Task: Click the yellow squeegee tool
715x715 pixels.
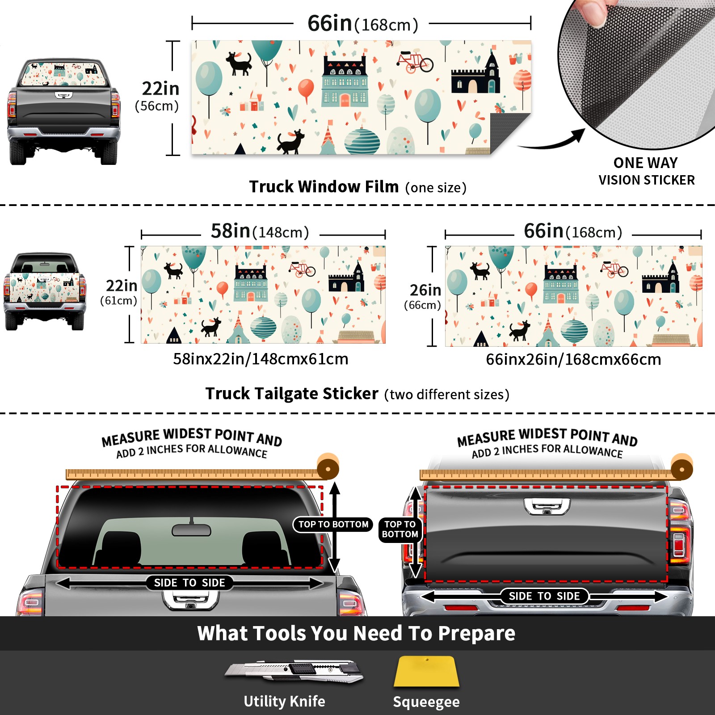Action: coord(426,672)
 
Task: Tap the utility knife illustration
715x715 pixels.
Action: coord(294,671)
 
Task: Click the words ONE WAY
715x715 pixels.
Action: coord(645,163)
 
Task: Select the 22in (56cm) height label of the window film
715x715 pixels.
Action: coord(158,97)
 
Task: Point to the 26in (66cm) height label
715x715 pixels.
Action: coord(423,297)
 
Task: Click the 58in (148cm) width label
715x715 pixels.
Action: coord(260,231)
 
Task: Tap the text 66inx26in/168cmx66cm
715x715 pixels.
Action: coord(573,359)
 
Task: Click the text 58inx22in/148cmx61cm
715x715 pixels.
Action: coord(261,359)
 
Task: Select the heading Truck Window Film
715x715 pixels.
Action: coord(324,186)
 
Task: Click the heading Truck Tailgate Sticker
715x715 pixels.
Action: coord(292,394)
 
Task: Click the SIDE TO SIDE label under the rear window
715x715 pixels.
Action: coord(189,583)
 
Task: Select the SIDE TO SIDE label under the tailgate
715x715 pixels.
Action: coord(544,596)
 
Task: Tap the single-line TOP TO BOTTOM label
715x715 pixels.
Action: coord(333,524)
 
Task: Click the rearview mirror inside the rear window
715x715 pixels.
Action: coord(191,530)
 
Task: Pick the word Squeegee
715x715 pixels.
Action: coord(426,702)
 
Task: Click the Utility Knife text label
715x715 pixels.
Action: coord(284,702)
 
